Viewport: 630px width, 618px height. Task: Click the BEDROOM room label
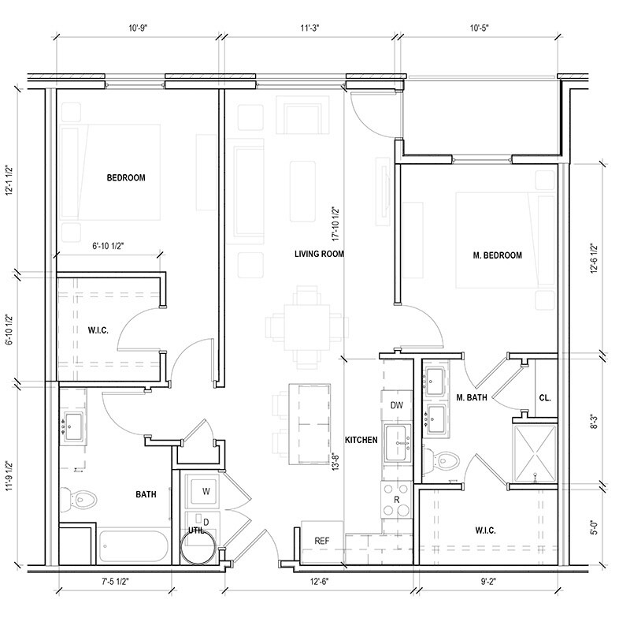pos(126,177)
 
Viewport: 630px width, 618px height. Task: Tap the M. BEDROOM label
pos(498,255)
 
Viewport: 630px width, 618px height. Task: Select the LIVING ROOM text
pos(319,254)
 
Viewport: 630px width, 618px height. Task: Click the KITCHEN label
pos(361,440)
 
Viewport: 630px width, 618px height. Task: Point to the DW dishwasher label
pos(397,405)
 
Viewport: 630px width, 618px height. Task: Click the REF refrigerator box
pos(322,542)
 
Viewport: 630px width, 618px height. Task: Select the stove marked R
pos(396,500)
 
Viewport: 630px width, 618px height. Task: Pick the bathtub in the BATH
pos(134,546)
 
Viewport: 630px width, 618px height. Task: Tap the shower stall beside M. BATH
pos(535,453)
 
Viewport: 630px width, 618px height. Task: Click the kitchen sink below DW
pos(398,443)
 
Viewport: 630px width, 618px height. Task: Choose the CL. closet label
pos(545,398)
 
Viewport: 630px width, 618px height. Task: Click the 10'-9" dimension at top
pos(139,28)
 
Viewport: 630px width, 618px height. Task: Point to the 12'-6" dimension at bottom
pos(320,581)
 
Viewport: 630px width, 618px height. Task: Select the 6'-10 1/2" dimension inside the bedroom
pos(108,246)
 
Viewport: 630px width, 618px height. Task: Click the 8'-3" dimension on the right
pos(594,423)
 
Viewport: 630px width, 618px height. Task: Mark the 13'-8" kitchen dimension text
pos(336,461)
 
